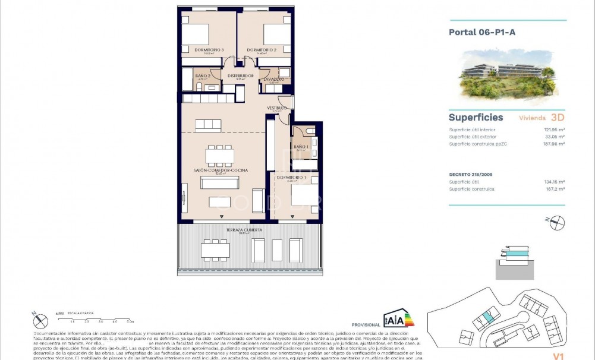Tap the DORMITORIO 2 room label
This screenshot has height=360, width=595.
pos(262,50)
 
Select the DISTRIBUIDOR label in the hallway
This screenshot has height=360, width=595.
pos(241,76)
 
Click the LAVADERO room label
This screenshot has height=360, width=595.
pos(274,79)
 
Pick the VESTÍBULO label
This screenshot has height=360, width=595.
pos(277,108)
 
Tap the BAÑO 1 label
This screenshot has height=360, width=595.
pos(301,147)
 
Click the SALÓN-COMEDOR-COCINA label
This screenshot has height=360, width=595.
pos(221,170)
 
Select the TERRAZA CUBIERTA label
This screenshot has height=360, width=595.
pos(244,229)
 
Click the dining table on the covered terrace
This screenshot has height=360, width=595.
pos(215,249)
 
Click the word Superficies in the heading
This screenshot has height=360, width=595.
pos(476,118)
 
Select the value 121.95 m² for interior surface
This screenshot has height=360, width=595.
pos(554,130)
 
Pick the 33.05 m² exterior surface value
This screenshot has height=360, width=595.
pos(555,137)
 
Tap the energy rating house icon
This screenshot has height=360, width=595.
pos(398,318)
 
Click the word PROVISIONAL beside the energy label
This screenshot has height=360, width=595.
pos(366,325)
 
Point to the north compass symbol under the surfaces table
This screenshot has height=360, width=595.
pos(557,223)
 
